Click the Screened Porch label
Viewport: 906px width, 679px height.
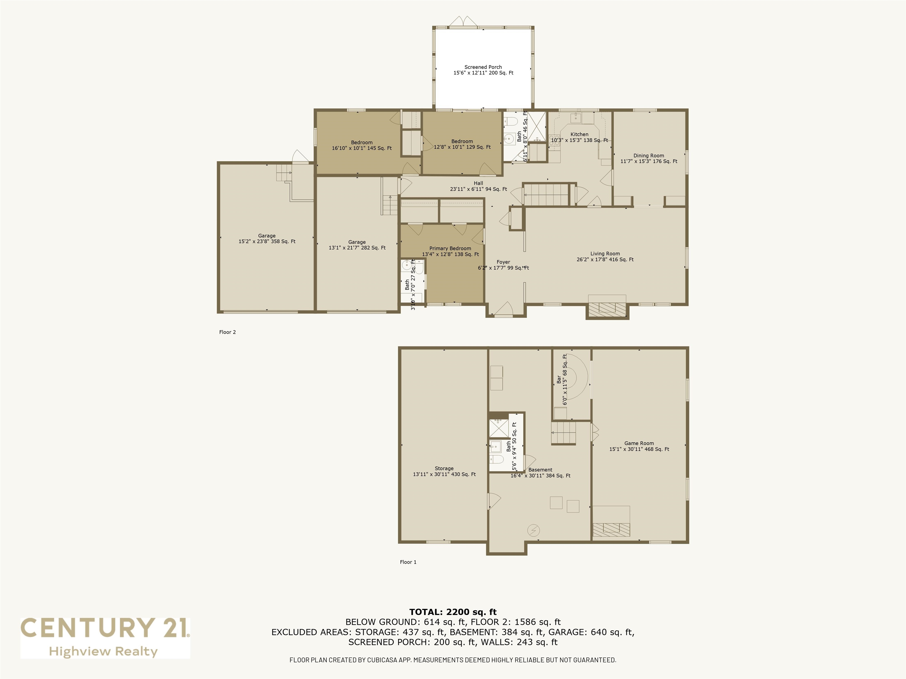point(483,70)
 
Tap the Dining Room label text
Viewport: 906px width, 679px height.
point(648,158)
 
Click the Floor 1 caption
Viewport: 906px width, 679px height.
point(408,562)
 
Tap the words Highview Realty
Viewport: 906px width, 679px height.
point(103,652)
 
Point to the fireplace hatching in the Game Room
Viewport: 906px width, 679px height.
point(611,530)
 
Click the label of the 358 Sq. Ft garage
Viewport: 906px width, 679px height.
point(267,239)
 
